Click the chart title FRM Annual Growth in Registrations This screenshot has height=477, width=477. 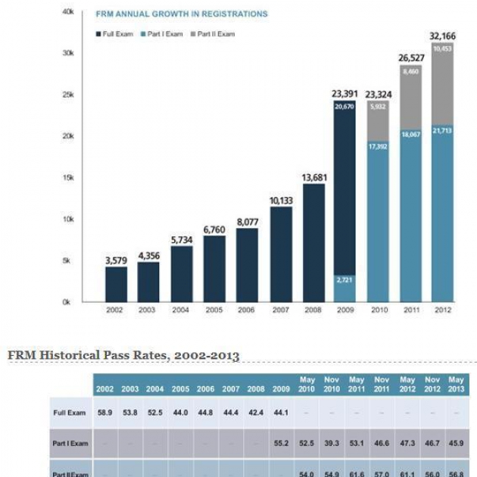point(181,14)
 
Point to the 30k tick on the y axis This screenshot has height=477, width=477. point(68,53)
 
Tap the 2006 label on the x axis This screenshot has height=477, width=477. point(248,310)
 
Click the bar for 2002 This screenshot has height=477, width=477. point(116,284)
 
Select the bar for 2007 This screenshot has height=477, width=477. point(280,254)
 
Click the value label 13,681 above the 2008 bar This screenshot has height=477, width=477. point(313,178)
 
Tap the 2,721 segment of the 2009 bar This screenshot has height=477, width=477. point(344,280)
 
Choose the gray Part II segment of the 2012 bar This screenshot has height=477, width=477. point(442,83)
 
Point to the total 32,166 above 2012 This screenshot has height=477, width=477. point(442,36)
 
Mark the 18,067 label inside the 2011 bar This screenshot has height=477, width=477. point(410,134)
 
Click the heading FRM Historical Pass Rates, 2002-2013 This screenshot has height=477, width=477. point(123,355)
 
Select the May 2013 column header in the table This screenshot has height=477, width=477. point(456,384)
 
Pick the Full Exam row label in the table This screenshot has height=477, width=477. point(70,413)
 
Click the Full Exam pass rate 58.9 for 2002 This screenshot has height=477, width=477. point(105,413)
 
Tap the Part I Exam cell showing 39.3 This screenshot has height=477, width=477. point(332,443)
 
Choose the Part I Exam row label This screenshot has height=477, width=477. point(70,443)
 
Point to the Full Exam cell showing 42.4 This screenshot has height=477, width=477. point(256,413)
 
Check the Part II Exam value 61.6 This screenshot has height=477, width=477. point(357,472)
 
